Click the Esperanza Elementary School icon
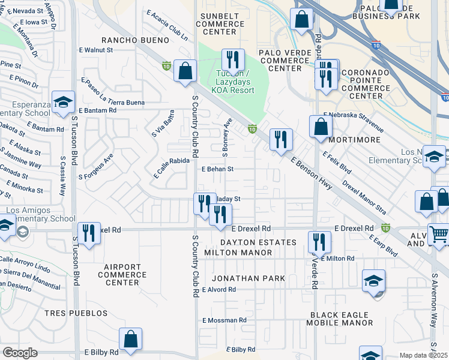pyautogui.click(x=62, y=102)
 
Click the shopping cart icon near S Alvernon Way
pyautogui.click(x=439, y=233)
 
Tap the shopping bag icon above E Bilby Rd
pyautogui.click(x=130, y=339)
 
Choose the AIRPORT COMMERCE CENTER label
pyautogui.click(x=122, y=275)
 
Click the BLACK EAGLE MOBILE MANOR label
pyautogui.click(x=342, y=319)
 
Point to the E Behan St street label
pyautogui.click(x=217, y=169)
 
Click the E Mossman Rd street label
pyautogui.click(x=224, y=320)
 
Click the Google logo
pyautogui.click(x=20, y=353)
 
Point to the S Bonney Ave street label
pyautogui.click(x=227, y=137)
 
